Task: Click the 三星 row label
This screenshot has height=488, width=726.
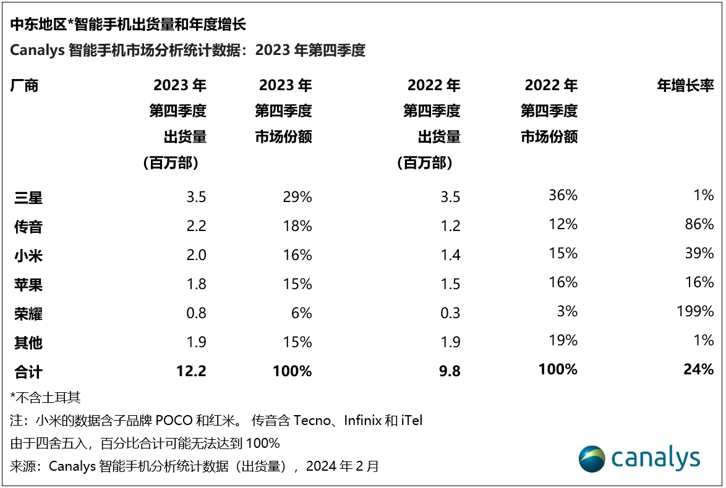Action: click(x=28, y=198)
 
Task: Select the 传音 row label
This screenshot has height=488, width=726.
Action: click(x=28, y=227)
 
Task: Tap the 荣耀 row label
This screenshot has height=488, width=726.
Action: click(x=28, y=314)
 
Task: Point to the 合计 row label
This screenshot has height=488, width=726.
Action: click(x=28, y=372)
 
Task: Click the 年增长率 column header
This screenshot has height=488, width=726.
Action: click(x=685, y=86)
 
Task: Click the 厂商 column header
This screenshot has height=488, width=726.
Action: click(x=25, y=86)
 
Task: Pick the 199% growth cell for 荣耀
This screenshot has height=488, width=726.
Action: click(x=696, y=311)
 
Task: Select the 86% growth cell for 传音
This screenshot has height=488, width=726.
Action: click(x=699, y=224)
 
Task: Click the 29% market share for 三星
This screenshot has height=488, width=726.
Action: click(x=297, y=197)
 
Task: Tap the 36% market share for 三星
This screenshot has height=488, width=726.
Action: click(x=563, y=196)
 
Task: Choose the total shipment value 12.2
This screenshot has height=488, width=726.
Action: click(x=191, y=371)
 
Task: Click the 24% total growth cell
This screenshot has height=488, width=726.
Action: click(x=699, y=369)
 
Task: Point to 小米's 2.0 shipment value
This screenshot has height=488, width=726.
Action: click(x=195, y=255)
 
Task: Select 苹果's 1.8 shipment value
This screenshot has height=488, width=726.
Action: click(x=195, y=284)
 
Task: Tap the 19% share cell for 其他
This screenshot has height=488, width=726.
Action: click(x=563, y=340)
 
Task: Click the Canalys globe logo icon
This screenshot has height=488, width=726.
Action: click(x=592, y=459)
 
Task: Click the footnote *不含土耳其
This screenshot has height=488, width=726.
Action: click(x=46, y=397)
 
